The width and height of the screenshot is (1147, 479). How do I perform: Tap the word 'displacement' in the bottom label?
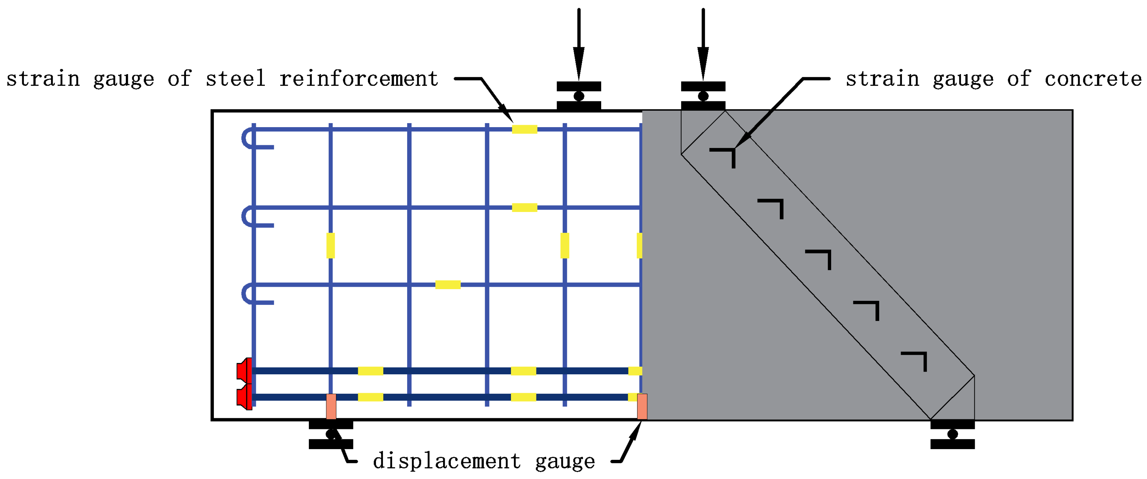[446, 461]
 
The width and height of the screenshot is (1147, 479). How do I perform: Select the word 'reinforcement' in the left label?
[359, 79]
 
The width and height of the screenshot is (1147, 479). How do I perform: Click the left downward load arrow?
[578, 45]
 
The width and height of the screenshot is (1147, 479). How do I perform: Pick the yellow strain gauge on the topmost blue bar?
[525, 129]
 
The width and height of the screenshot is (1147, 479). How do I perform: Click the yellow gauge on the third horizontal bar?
[447, 285]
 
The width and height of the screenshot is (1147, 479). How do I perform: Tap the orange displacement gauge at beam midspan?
[642, 407]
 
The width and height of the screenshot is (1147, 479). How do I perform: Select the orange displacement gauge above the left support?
[331, 407]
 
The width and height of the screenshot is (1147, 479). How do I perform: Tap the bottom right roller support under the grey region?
[952, 434]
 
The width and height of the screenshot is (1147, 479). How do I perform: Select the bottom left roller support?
[331, 434]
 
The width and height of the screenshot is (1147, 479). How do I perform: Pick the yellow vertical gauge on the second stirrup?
[330, 246]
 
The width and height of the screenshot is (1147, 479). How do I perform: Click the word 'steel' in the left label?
[236, 79]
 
